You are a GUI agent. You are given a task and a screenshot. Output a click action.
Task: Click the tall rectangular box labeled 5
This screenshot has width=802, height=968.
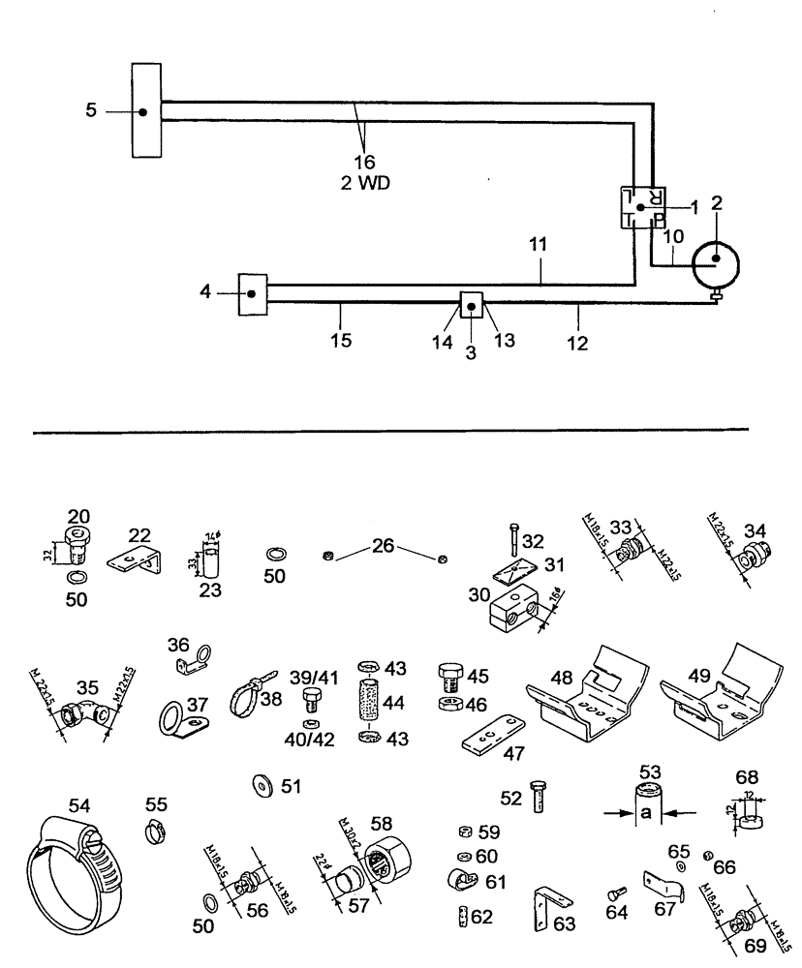145,110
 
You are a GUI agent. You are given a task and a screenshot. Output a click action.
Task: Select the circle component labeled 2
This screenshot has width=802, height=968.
715,258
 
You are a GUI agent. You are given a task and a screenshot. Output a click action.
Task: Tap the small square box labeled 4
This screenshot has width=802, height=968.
252,294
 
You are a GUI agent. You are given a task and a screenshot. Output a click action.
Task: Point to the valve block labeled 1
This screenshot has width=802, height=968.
639,207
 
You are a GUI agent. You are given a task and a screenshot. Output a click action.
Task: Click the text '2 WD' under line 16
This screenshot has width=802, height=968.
365,182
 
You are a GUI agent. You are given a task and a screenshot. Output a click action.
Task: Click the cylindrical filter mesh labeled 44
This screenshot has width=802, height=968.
367,711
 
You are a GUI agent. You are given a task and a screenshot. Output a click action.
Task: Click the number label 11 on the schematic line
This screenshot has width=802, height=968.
540,246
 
